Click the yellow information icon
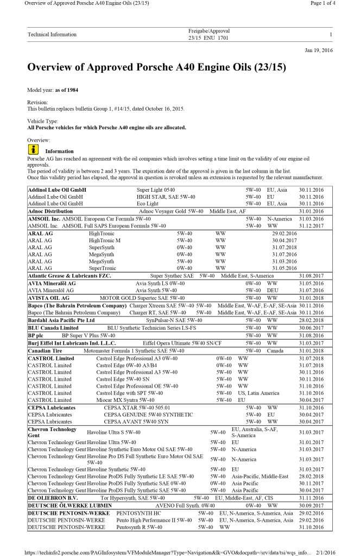tap(33, 149)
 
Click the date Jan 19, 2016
tap(319, 50)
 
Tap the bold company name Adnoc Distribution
tap(50, 211)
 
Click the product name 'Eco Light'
tap(148, 204)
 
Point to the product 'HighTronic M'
tap(105, 240)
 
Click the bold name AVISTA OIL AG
tap(49, 298)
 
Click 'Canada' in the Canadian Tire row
tap(276, 351)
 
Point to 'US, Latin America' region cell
tap(258, 393)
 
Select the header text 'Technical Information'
tap(52, 35)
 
